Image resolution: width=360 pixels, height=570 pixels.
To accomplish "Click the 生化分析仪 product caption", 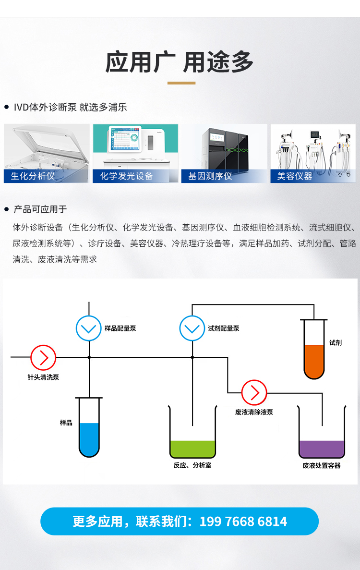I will coord(33,176).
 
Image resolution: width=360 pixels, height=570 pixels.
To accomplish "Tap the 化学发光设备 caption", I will coord(126,176).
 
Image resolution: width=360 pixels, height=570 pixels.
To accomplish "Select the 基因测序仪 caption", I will coord(210,176).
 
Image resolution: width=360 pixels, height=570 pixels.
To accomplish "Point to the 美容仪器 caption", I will coord(294,176).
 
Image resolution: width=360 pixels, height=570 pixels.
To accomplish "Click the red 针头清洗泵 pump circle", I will coord(43,357).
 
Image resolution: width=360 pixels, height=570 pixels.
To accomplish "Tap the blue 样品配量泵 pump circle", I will coord(89,328).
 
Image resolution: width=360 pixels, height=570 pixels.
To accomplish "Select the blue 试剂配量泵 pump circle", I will coord(192,328).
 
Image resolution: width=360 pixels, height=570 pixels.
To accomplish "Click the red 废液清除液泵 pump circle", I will coord(254,393).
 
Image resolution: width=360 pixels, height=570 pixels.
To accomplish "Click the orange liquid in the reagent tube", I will coord(314,360).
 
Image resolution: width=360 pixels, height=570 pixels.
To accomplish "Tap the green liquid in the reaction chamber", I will coord(192,449).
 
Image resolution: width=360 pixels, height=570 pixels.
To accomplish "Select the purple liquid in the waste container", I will coord(322,449).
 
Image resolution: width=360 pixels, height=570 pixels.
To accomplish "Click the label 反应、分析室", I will coord(192,465).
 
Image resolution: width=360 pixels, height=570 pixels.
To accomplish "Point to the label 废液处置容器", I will coord(322,465).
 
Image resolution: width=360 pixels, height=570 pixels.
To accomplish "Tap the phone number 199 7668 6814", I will coord(243,521).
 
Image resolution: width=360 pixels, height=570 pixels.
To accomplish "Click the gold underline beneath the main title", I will coord(181,83).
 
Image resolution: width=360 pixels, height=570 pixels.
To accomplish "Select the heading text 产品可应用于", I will coord(40,209).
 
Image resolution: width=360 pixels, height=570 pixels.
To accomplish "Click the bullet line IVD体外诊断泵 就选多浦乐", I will coord(70,107).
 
